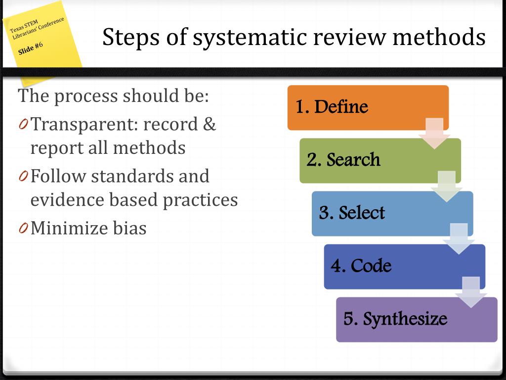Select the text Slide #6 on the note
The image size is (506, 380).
click(31, 48)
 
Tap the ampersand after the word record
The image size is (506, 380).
click(209, 124)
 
